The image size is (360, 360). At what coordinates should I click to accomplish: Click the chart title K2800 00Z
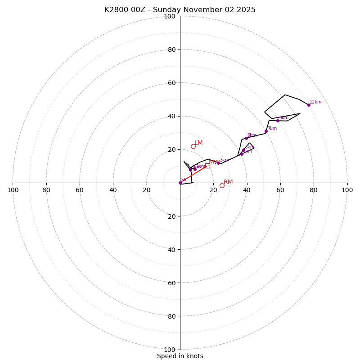point(180,10)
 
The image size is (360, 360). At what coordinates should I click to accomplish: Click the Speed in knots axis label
point(180,356)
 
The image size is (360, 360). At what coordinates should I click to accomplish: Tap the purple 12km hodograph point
point(309,105)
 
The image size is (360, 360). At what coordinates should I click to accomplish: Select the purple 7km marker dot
point(266,131)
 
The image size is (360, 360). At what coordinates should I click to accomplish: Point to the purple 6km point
point(246,138)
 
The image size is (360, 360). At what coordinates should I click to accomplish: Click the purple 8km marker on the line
point(278,121)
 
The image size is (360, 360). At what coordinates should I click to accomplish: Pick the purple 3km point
point(218,163)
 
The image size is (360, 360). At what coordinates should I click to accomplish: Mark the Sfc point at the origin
point(180,183)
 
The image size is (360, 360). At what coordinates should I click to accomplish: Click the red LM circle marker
point(193,146)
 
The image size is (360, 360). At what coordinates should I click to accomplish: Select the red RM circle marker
point(222,185)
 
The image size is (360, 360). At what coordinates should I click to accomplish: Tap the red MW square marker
point(207,166)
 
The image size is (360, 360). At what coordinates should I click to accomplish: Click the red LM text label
point(198,143)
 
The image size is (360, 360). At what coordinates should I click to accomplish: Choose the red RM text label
point(228,182)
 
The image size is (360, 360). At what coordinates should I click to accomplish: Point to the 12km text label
point(315,102)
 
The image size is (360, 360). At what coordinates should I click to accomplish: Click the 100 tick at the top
point(170,17)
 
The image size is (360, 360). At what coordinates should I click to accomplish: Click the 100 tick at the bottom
point(170,350)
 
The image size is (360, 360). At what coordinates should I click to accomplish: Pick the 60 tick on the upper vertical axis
point(171,83)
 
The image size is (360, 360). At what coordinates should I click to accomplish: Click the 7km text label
point(272,129)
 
